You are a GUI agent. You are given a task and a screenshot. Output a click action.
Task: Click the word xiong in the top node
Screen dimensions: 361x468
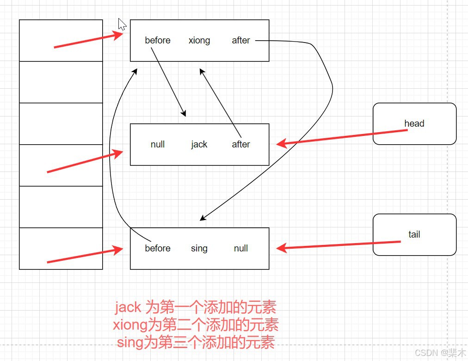pyautogui.click(x=199, y=41)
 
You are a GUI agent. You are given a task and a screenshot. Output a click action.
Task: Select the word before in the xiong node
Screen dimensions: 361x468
pyautogui.click(x=158, y=41)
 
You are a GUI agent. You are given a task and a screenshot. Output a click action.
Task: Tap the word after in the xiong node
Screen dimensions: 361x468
pyautogui.click(x=241, y=41)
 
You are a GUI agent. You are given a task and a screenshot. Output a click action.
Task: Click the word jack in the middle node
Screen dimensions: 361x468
pyautogui.click(x=199, y=145)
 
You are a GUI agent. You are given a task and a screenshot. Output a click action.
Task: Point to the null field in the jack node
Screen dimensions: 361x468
pyautogui.click(x=158, y=145)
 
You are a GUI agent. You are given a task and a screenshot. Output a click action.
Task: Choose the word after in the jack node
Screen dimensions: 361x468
pyautogui.click(x=241, y=145)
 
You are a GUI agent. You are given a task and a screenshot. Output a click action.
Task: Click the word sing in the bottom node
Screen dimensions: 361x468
pyautogui.click(x=199, y=249)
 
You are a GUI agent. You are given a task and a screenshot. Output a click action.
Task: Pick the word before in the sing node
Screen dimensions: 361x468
pyautogui.click(x=158, y=249)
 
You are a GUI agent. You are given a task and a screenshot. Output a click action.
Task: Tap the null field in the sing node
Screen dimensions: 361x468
pyautogui.click(x=241, y=249)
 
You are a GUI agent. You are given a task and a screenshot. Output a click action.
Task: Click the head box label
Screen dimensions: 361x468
pyautogui.click(x=414, y=123)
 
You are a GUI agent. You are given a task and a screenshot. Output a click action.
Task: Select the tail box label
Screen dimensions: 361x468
pyautogui.click(x=414, y=234)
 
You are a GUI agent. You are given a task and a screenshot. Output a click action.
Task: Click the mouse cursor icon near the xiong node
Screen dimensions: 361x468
pyautogui.click(x=122, y=24)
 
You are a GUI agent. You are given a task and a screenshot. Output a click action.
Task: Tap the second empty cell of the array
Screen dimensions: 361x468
pyautogui.click(x=61, y=82)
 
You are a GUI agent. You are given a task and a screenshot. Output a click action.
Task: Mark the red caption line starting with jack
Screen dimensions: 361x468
pyautogui.click(x=196, y=307)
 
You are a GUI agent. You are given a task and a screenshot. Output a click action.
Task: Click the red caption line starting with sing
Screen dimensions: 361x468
pyautogui.click(x=196, y=343)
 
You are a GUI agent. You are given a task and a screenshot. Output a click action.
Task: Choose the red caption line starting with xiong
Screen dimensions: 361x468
pyautogui.click(x=196, y=325)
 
